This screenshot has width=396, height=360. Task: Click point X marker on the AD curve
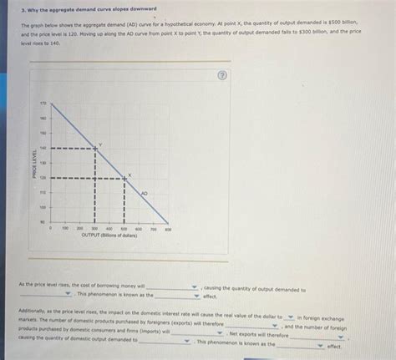(x=125, y=177)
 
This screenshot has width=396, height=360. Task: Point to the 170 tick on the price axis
(x=43, y=103)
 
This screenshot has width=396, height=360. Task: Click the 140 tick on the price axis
(x=43, y=148)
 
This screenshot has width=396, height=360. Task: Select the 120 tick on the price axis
(x=43, y=177)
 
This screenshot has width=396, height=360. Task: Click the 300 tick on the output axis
(x=96, y=228)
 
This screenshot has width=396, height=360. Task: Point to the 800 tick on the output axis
(x=168, y=228)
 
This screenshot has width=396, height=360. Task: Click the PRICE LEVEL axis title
(x=34, y=163)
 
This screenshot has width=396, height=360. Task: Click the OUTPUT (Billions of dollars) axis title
(x=109, y=236)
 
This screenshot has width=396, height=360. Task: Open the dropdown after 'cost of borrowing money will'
(x=173, y=286)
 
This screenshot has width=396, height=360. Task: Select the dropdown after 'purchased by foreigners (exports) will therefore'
(x=251, y=326)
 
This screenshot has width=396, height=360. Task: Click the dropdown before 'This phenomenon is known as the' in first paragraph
(x=47, y=294)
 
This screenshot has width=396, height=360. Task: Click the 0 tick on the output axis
(x=52, y=228)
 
